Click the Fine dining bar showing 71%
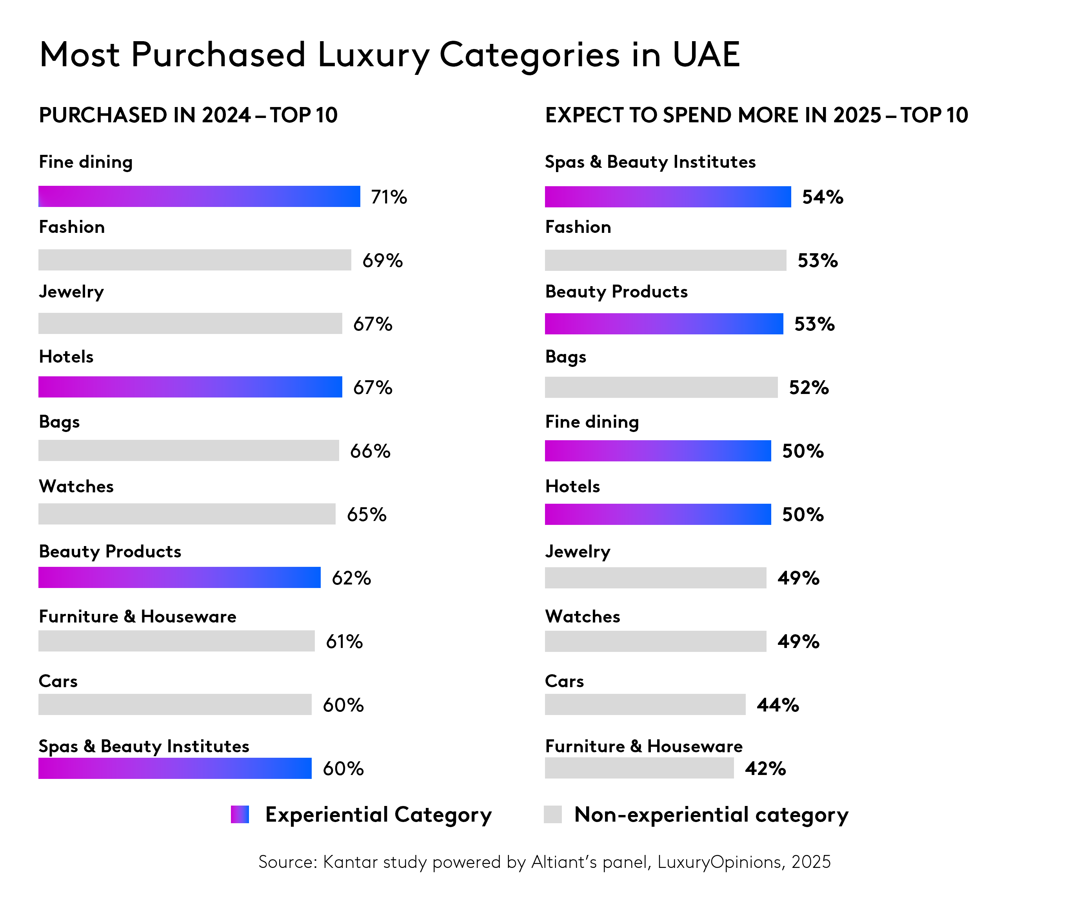pyautogui.click(x=199, y=197)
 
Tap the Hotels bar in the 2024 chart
pyautogui.click(x=190, y=387)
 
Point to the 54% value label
pyautogui.click(x=822, y=197)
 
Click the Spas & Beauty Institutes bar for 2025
pyautogui.click(x=667, y=197)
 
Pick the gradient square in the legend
pyautogui.click(x=240, y=814)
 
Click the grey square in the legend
pyautogui.click(x=552, y=814)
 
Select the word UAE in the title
pyautogui.click(x=706, y=54)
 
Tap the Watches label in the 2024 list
pyautogui.click(x=76, y=486)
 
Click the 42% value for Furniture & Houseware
pyautogui.click(x=765, y=769)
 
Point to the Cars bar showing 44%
pyautogui.click(x=645, y=705)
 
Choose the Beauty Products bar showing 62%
pyautogui.click(x=179, y=578)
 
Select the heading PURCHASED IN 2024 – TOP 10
pyautogui.click(x=188, y=115)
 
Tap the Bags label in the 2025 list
pyautogui.click(x=565, y=357)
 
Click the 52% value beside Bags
pyautogui.click(x=808, y=388)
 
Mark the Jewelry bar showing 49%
pyautogui.click(x=655, y=578)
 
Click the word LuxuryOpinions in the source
pyautogui.click(x=719, y=862)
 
